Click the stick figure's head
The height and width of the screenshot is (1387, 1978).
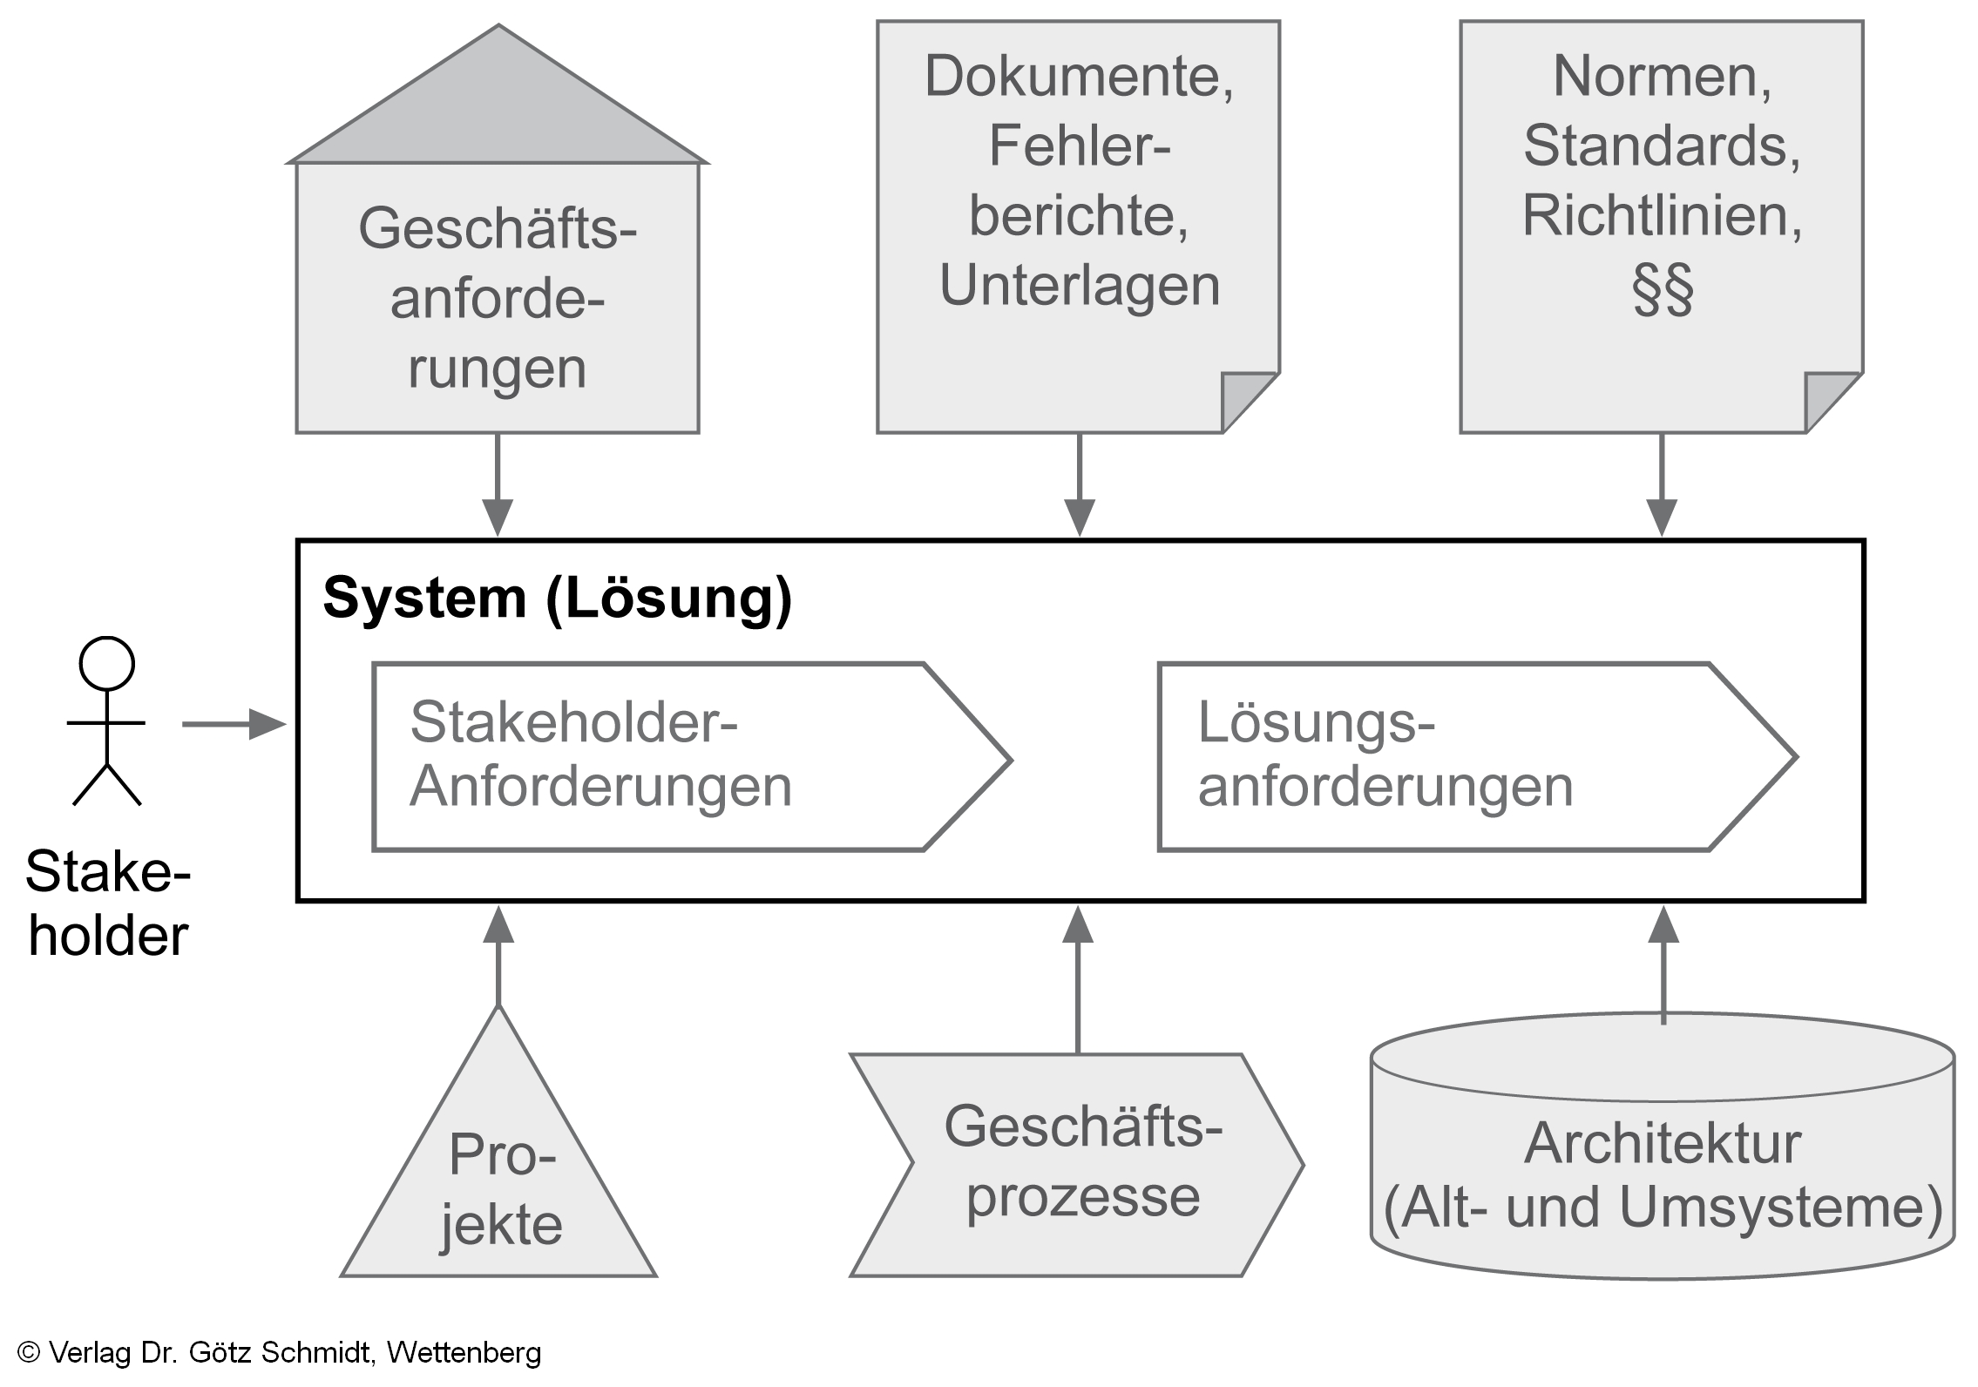tap(106, 664)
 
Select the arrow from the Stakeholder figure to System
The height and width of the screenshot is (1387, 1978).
tap(234, 723)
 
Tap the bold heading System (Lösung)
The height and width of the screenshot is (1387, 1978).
tap(557, 599)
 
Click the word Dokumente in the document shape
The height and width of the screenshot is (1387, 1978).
tap(1079, 77)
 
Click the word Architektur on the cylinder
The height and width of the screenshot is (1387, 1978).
tap(1662, 1143)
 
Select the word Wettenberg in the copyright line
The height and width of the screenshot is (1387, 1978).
tap(464, 1352)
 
